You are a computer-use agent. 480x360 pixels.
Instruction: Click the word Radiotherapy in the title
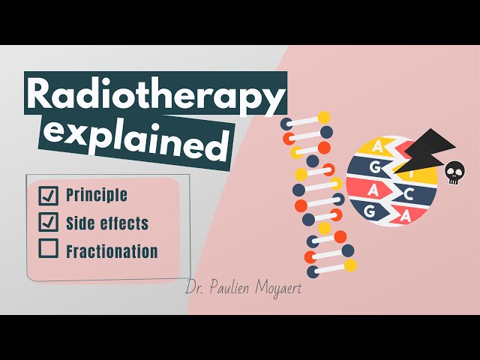point(156,95)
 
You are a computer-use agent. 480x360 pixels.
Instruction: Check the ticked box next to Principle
point(48,196)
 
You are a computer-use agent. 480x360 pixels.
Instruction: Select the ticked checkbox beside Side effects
point(48,222)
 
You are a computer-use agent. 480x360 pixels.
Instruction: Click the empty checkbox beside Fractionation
point(48,248)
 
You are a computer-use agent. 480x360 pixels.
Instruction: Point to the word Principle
point(97,195)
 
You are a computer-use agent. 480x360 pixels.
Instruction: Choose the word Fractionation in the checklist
point(112,252)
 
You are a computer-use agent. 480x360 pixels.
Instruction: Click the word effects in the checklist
point(124,223)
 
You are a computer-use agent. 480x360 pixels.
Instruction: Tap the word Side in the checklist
point(81,223)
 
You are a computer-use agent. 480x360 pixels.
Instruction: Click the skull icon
point(454,173)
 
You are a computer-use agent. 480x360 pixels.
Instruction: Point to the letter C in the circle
point(410,194)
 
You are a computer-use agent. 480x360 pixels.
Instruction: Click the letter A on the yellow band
point(378,148)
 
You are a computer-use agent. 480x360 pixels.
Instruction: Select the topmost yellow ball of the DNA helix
point(323,118)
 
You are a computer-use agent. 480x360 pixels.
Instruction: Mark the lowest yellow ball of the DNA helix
point(350,265)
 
